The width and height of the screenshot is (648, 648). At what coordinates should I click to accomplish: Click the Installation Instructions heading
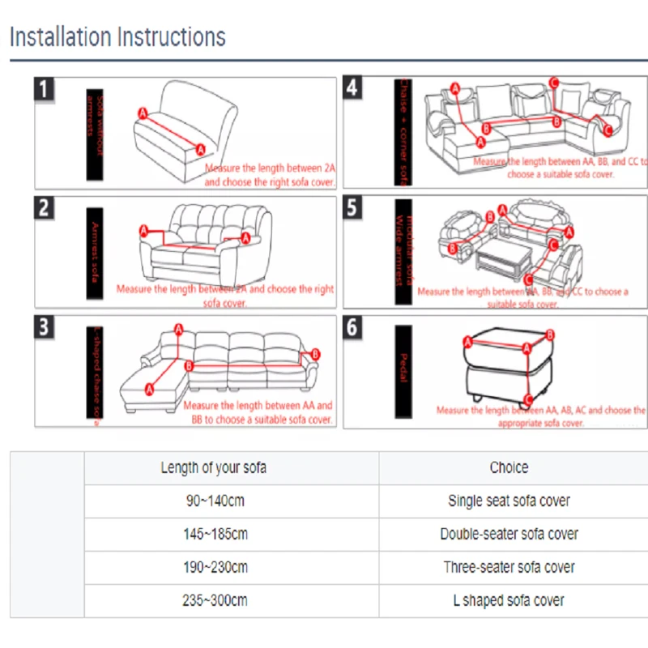[117, 37]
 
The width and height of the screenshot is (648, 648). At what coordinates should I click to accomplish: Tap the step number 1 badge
[45, 88]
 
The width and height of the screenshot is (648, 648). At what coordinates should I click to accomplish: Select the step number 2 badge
[45, 207]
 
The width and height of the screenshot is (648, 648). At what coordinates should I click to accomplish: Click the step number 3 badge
[45, 327]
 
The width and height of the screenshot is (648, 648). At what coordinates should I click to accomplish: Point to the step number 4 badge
[352, 88]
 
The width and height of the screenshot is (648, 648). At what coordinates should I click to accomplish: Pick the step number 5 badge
[352, 207]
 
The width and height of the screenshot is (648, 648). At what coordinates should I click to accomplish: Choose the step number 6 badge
[352, 327]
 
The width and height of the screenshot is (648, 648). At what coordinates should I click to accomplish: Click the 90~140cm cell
[215, 501]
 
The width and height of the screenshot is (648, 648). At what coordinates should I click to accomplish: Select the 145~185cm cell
[215, 534]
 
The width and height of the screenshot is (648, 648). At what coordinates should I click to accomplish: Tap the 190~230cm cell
[215, 567]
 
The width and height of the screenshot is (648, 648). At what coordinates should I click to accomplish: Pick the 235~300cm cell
[215, 600]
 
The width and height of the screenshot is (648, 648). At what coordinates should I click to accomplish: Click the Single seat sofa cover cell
[509, 501]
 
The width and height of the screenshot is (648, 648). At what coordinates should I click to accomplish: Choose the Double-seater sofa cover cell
[509, 534]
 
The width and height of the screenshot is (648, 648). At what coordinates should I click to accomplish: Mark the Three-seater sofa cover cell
[509, 567]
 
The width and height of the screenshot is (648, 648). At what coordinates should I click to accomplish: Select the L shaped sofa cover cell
[509, 600]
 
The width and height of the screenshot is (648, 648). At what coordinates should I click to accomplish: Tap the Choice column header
[509, 467]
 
